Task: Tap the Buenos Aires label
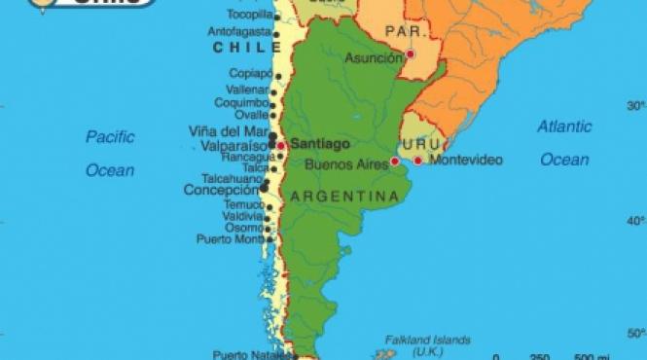pos(345,163)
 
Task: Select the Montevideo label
pos(466,160)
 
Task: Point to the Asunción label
pos(373,57)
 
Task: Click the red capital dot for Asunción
pos(411,54)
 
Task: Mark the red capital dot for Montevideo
pos(418,161)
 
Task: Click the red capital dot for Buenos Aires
pos(394,162)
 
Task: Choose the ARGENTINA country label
pos(344,197)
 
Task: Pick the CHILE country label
pos(240,46)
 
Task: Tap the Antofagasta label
pos(238,31)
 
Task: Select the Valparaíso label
pos(234,145)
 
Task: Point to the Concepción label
pos(222,191)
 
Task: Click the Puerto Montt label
pos(230,238)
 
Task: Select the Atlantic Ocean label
pos(564,142)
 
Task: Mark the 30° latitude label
pos(635,105)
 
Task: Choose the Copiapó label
pos(251,73)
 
